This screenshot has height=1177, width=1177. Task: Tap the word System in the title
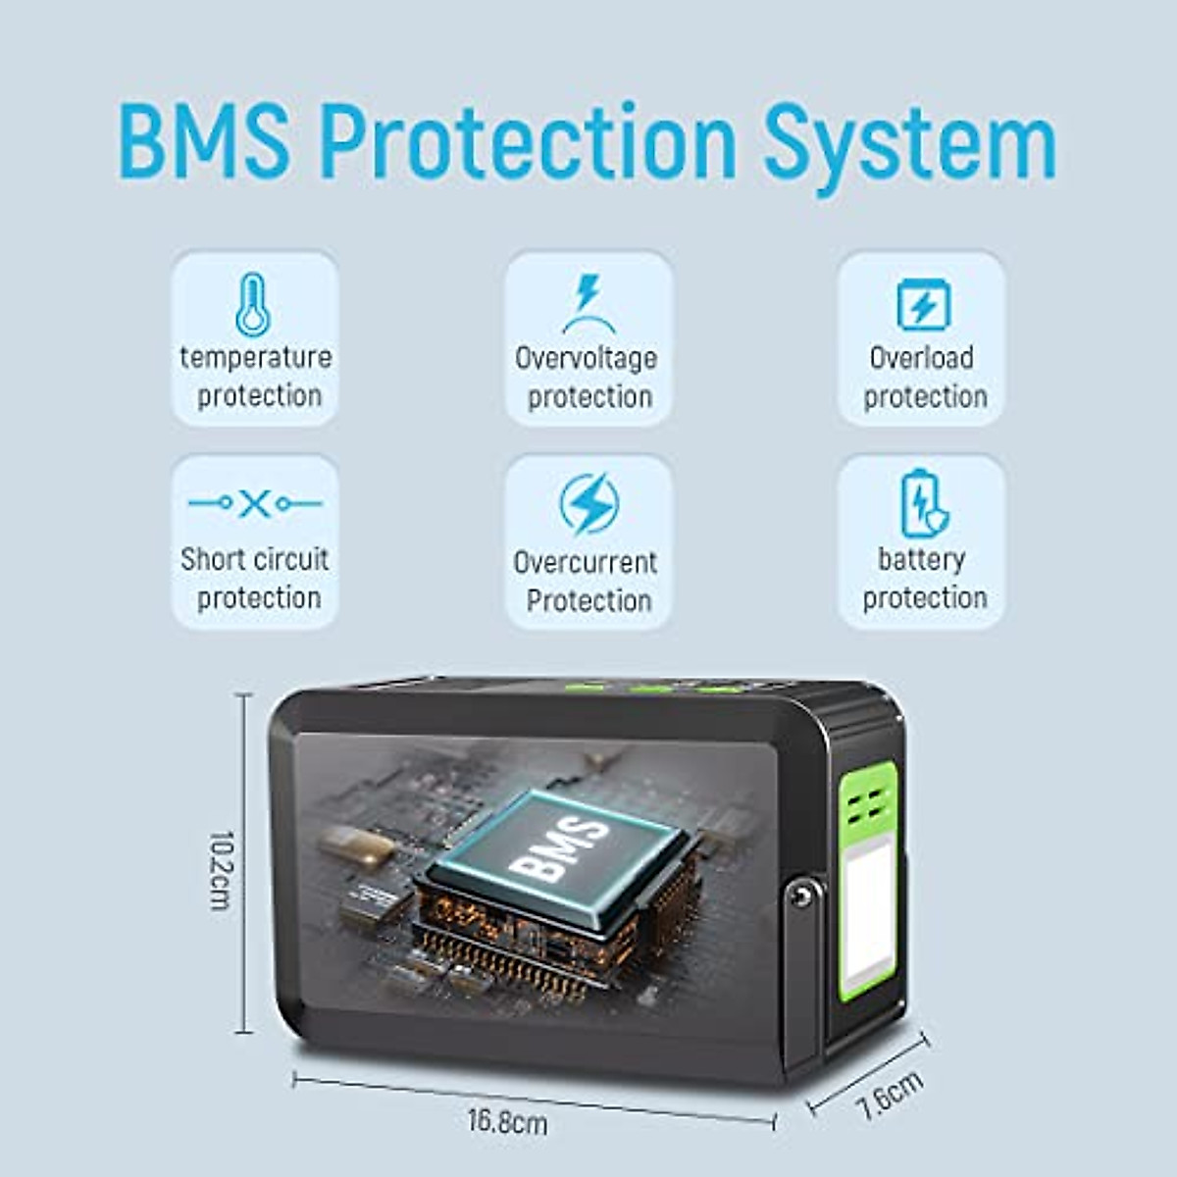coord(909,145)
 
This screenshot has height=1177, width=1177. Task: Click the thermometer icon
coord(253,304)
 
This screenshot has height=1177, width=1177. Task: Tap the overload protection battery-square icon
coord(923,304)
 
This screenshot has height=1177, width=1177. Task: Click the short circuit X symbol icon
coord(254,504)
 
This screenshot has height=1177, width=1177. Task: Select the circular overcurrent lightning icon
coord(588,504)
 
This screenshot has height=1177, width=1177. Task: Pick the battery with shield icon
coord(923,504)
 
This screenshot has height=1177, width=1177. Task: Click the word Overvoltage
coord(587,358)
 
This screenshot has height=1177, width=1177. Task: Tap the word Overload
coord(922,358)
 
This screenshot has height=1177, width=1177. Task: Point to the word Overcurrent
coord(586,562)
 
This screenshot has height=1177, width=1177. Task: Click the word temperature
coord(255,357)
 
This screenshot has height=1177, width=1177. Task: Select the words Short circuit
coord(255,559)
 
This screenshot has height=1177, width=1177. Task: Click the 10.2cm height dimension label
coord(222,870)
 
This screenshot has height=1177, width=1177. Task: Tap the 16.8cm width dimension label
coord(507,1120)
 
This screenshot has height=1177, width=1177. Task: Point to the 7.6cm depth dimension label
coord(889,1095)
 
